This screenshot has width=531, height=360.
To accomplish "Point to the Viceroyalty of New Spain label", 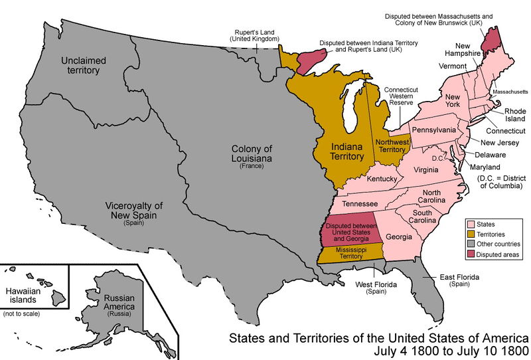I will [x=133, y=211].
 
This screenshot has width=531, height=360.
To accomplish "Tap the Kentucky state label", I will [x=382, y=179].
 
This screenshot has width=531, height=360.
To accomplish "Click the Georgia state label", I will [x=399, y=236].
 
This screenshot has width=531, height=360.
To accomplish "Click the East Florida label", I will [x=458, y=279].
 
